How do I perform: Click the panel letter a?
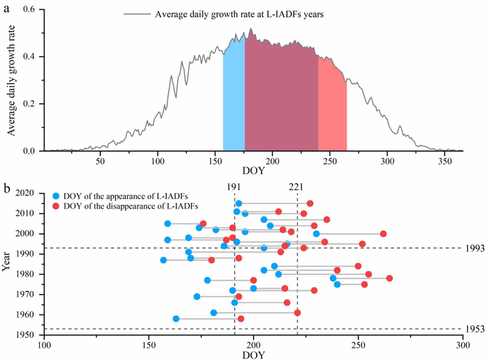coord(6,9)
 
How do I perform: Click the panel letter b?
coord(6,188)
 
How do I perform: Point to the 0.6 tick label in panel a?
coord(29,9)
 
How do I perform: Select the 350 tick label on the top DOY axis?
coord(445,161)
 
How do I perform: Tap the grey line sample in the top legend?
coord(136,14)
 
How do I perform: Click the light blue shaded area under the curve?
coord(234,94)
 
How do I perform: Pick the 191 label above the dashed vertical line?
coord(233,187)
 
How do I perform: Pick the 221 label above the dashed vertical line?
coord(296,187)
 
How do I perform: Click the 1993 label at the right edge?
coord(476,248)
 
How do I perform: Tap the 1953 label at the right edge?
coord(476,329)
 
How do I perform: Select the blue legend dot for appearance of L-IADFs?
coord(56,196)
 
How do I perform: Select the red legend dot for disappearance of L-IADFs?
coord(56,206)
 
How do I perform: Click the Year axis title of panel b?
coord(6,261)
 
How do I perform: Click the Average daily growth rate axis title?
coord(11,81)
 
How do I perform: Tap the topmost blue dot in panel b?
coord(238,204)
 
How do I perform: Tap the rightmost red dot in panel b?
coord(389,278)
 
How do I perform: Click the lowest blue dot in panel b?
coord(176,319)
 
